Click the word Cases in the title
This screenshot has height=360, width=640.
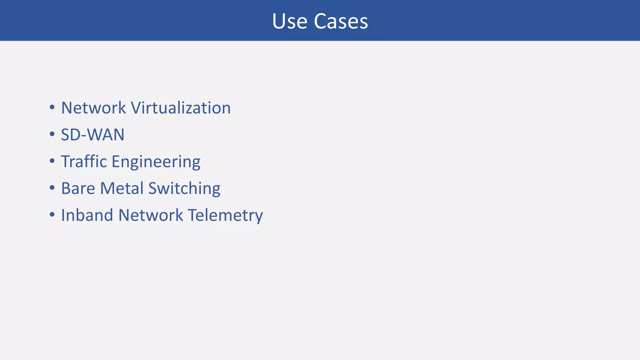point(341,21)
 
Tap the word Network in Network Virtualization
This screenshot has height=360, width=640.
point(93,108)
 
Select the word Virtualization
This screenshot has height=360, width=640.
point(181,108)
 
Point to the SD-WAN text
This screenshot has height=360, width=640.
point(92,135)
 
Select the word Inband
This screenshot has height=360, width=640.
point(87,215)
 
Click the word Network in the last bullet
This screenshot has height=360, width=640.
point(151,215)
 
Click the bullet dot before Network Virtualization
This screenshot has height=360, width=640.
point(52,107)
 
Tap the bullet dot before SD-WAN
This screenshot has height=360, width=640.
point(52,134)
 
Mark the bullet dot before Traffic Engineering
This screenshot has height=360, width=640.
point(52,161)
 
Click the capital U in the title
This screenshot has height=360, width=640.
point(278,21)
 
